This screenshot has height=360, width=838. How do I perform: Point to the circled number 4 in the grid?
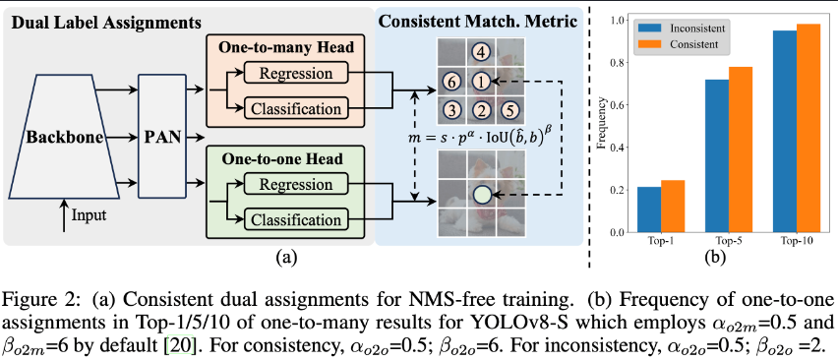point(480,52)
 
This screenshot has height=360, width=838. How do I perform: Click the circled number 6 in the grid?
point(450,80)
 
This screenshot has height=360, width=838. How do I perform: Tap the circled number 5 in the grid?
point(509,108)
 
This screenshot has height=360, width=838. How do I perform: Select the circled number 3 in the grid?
point(450,108)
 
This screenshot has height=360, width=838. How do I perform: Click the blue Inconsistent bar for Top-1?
point(649,210)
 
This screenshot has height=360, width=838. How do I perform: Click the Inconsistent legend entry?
point(685,28)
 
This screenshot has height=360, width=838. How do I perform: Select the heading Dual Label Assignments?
point(107,20)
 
